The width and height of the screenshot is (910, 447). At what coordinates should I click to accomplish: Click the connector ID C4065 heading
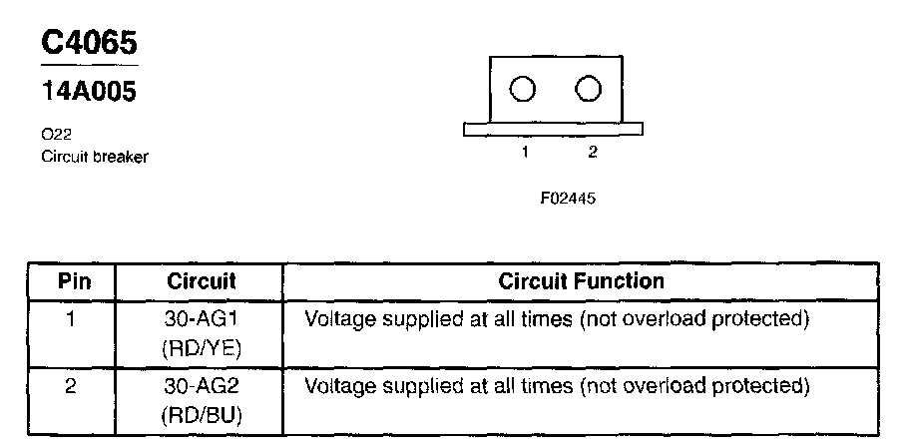(x=89, y=42)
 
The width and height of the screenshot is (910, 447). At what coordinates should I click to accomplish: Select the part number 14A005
(x=89, y=91)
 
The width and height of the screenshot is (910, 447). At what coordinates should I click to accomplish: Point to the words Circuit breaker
(x=95, y=157)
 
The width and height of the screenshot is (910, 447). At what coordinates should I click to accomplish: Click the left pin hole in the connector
(x=522, y=90)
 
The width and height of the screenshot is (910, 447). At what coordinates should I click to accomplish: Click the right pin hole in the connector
(x=589, y=90)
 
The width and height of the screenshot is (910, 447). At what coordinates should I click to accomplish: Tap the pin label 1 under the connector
(x=523, y=153)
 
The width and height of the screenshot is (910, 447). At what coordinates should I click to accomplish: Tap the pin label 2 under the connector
(x=592, y=153)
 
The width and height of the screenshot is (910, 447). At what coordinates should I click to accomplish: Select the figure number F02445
(x=568, y=198)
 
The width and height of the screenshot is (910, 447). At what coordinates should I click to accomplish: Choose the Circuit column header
(x=201, y=281)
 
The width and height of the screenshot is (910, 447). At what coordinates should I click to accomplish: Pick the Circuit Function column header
(x=581, y=281)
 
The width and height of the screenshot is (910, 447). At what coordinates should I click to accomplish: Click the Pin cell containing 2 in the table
(x=72, y=385)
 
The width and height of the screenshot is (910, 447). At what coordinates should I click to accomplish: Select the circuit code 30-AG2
(x=201, y=385)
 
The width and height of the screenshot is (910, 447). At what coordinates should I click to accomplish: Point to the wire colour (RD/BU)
(x=201, y=412)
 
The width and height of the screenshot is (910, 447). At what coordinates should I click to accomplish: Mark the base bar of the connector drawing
(x=553, y=130)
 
